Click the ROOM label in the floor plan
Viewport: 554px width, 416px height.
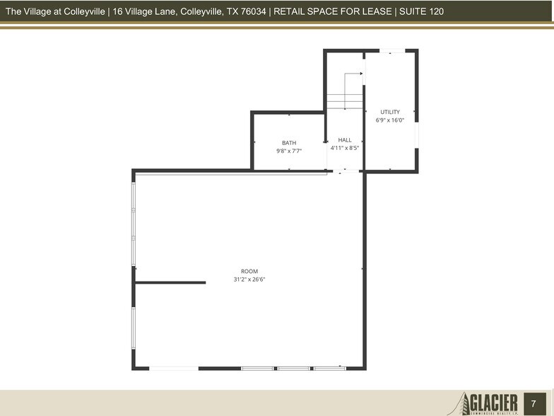point(249,272)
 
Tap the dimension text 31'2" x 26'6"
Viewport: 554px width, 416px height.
point(249,279)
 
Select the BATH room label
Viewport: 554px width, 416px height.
point(289,143)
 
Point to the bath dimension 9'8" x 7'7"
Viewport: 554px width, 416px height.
point(289,151)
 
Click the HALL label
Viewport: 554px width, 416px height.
point(345,140)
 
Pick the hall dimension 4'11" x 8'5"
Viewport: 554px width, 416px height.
point(345,148)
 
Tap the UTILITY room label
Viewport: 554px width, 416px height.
point(390,112)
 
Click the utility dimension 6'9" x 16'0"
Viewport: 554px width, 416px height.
point(390,120)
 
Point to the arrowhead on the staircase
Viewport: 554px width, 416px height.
point(361,73)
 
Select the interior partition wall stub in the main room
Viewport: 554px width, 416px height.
point(170,282)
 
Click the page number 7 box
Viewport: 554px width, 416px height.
point(534,403)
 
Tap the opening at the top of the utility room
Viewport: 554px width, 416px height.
point(391,51)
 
